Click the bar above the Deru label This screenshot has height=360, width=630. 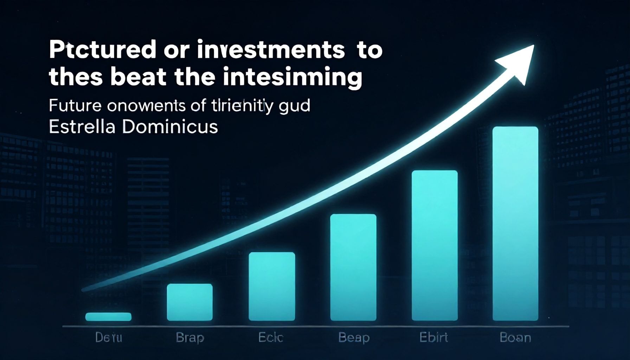[x=108, y=317]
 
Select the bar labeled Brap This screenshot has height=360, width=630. [x=190, y=302]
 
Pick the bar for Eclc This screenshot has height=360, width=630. [x=272, y=286]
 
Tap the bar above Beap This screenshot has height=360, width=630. [x=353, y=267]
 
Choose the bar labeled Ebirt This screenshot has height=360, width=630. [x=435, y=245]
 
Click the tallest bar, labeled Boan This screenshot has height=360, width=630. [x=515, y=224]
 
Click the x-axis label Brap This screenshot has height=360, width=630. [x=190, y=338]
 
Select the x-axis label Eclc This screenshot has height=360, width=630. [x=271, y=338]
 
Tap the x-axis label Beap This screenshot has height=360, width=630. [x=354, y=338]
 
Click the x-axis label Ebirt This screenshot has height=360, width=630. [x=434, y=338]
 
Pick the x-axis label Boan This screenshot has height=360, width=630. [x=515, y=338]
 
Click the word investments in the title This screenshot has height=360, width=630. [x=271, y=50]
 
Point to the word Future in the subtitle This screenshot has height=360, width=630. [x=75, y=106]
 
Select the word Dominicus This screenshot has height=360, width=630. [x=170, y=127]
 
